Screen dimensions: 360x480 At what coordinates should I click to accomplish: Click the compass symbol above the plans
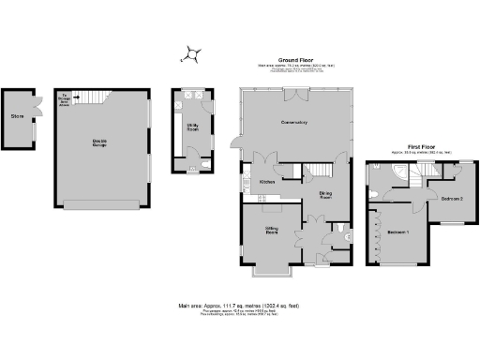coord(192,55)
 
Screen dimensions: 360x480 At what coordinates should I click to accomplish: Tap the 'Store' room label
coord(16,117)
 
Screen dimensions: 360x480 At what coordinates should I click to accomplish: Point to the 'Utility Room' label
coord(191,127)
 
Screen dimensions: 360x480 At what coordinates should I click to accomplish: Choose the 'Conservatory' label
coord(294,123)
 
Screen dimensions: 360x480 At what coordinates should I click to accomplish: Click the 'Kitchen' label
coord(266,182)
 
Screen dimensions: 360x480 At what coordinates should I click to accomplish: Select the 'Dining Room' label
coord(326,196)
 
